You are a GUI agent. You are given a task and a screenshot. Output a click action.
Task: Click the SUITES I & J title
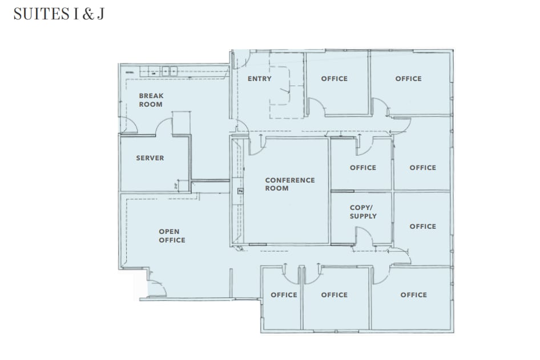pyautogui.click(x=59, y=14)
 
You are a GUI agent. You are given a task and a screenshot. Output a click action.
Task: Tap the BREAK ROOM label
pyautogui.click(x=151, y=100)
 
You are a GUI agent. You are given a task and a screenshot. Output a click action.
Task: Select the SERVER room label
pyautogui.click(x=150, y=158)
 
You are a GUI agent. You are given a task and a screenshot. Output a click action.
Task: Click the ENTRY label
pyautogui.click(x=260, y=79)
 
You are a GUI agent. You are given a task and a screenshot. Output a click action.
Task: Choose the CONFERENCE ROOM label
pyautogui.click(x=289, y=184)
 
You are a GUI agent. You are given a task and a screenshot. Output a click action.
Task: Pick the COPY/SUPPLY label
pyautogui.click(x=363, y=212)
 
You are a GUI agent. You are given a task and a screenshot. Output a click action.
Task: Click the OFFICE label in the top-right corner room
pyautogui.click(x=408, y=79)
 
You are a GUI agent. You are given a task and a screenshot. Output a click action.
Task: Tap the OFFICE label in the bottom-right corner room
pyautogui.click(x=413, y=295)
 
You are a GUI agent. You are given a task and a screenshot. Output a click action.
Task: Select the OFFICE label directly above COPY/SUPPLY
pyautogui.click(x=363, y=168)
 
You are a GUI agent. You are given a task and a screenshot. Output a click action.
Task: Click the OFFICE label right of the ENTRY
pyautogui.click(x=334, y=79)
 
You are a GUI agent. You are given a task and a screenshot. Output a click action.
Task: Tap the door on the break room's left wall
pyautogui.click(x=129, y=127)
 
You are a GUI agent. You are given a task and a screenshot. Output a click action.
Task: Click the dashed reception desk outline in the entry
pyautogui.click(x=280, y=91)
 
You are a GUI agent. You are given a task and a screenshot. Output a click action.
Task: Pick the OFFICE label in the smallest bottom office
pyautogui.click(x=284, y=295)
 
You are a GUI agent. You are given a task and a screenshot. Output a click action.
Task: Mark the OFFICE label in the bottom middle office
pyautogui.click(x=334, y=295)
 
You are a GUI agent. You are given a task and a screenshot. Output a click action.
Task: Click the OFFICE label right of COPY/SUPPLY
pyautogui.click(x=422, y=226)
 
